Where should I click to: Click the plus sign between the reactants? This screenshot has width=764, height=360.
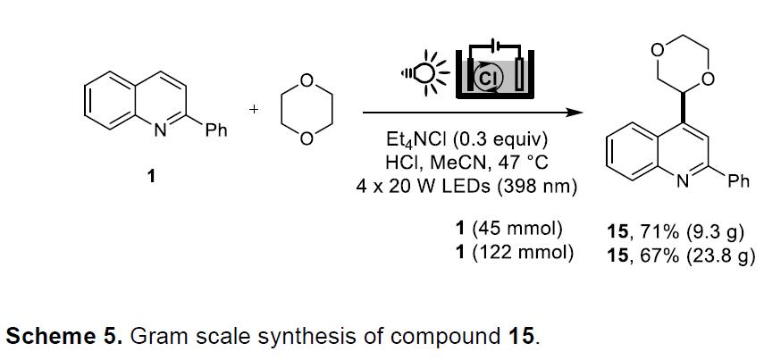coord(254,110)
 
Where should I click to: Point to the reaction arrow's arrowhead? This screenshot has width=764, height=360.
coord(576,113)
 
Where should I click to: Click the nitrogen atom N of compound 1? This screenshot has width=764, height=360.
coord(160,130)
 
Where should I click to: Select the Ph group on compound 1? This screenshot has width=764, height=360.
coord(216,130)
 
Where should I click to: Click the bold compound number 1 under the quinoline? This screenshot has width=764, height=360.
coord(152,176)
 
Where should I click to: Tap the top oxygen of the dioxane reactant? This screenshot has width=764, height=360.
coord(306,80)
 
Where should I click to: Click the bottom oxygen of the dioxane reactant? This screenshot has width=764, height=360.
coord(306,139)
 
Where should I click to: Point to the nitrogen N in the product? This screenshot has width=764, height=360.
coord(683,181)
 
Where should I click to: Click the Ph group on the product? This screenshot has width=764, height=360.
coord(739,181)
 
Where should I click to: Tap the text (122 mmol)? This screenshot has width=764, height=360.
coord(523,254)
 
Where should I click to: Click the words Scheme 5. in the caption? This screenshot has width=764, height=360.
coord(63,337)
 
